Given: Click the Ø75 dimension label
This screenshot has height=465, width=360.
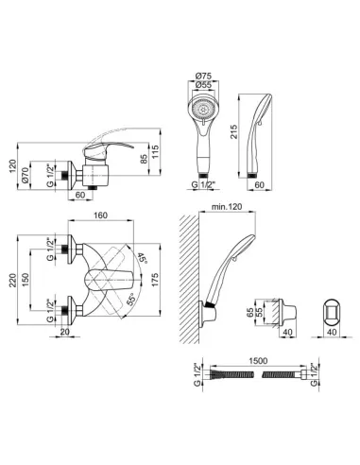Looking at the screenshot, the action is (x=203, y=77).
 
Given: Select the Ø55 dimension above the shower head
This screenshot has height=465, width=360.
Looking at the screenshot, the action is (x=203, y=85).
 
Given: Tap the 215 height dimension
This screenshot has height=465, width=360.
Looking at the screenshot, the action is (x=234, y=131).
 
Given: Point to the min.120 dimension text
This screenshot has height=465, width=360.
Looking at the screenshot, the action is (x=227, y=207).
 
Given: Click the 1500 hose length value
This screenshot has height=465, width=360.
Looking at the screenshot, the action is (x=258, y=361).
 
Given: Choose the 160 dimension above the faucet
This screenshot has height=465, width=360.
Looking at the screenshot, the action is (x=100, y=215).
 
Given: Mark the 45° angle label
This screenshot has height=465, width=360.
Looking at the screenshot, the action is (x=143, y=259).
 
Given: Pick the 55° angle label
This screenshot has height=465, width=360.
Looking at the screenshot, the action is (x=130, y=300).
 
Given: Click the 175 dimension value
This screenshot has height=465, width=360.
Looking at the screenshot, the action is (x=156, y=280).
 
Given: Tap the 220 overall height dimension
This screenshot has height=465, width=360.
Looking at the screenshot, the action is (x=12, y=280).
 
